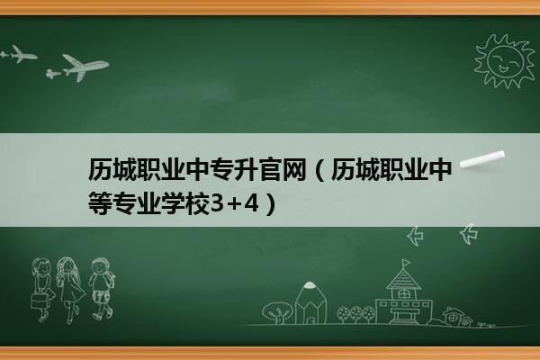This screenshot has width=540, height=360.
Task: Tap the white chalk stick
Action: (x=482, y=158)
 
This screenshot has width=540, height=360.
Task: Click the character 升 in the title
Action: (x=246, y=169)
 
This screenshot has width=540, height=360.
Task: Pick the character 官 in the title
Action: (x=270, y=169)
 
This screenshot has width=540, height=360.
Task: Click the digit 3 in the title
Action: (x=217, y=203)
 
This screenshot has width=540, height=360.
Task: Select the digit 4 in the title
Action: (x=251, y=203)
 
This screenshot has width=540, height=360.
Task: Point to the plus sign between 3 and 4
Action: (x=234, y=204)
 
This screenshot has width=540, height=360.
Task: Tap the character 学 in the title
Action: (x=173, y=203)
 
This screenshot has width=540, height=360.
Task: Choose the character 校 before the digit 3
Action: (x=198, y=203)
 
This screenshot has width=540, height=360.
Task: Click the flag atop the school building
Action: (x=407, y=263)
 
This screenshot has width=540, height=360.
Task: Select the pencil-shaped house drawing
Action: (x=310, y=302)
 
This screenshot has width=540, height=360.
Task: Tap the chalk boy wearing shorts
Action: (x=102, y=289)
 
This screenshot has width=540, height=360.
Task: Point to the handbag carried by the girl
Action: (x=40, y=301)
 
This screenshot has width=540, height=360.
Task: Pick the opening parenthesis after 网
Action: (x=319, y=169)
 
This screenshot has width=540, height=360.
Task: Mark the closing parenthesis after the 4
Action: (x=271, y=203)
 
